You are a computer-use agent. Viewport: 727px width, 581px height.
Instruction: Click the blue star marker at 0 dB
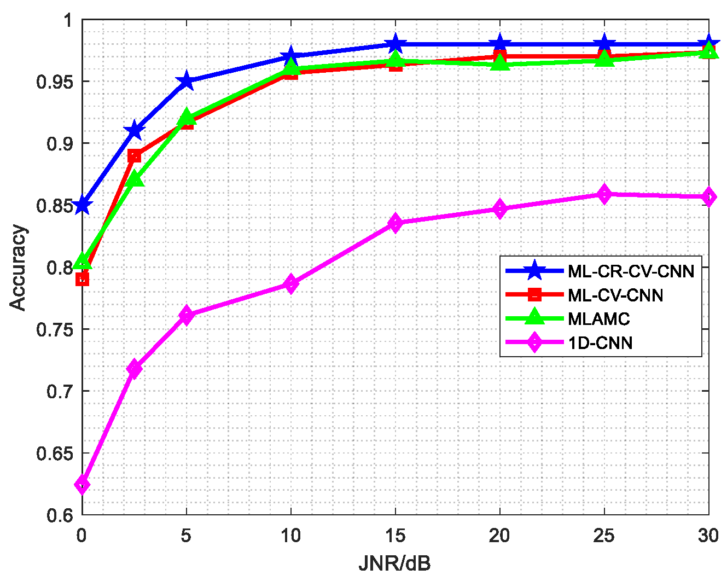tap(82, 205)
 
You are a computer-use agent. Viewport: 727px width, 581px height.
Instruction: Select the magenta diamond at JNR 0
tap(82, 485)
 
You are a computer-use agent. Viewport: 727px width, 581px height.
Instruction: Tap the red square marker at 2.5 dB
tap(134, 156)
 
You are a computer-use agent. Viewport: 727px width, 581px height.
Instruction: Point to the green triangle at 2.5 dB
tap(134, 179)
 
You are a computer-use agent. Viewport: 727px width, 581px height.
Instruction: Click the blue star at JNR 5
tap(187, 81)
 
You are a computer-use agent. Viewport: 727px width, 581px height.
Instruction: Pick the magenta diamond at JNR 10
tap(291, 284)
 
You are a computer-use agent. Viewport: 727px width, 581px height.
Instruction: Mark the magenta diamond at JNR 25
tap(604, 194)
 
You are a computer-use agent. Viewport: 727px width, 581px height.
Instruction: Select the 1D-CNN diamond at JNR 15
tap(396, 223)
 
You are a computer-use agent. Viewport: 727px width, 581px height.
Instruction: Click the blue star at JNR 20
tap(500, 44)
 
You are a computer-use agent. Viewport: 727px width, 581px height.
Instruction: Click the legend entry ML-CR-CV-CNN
tap(631, 271)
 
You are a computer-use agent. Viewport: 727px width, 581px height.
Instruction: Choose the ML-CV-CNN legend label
tap(615, 295)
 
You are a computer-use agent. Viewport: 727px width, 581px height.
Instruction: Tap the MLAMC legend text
tap(599, 319)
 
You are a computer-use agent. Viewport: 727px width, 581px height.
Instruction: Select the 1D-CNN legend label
tap(600, 343)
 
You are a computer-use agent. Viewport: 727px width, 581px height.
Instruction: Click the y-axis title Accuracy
tap(18, 268)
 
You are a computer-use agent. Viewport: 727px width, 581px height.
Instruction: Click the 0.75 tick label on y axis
tap(54, 330)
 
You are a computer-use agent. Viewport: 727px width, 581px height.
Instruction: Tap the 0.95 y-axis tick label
tap(54, 82)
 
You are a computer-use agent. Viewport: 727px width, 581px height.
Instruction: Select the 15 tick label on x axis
tap(395, 536)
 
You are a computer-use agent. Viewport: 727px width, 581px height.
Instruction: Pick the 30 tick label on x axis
tap(708, 536)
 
